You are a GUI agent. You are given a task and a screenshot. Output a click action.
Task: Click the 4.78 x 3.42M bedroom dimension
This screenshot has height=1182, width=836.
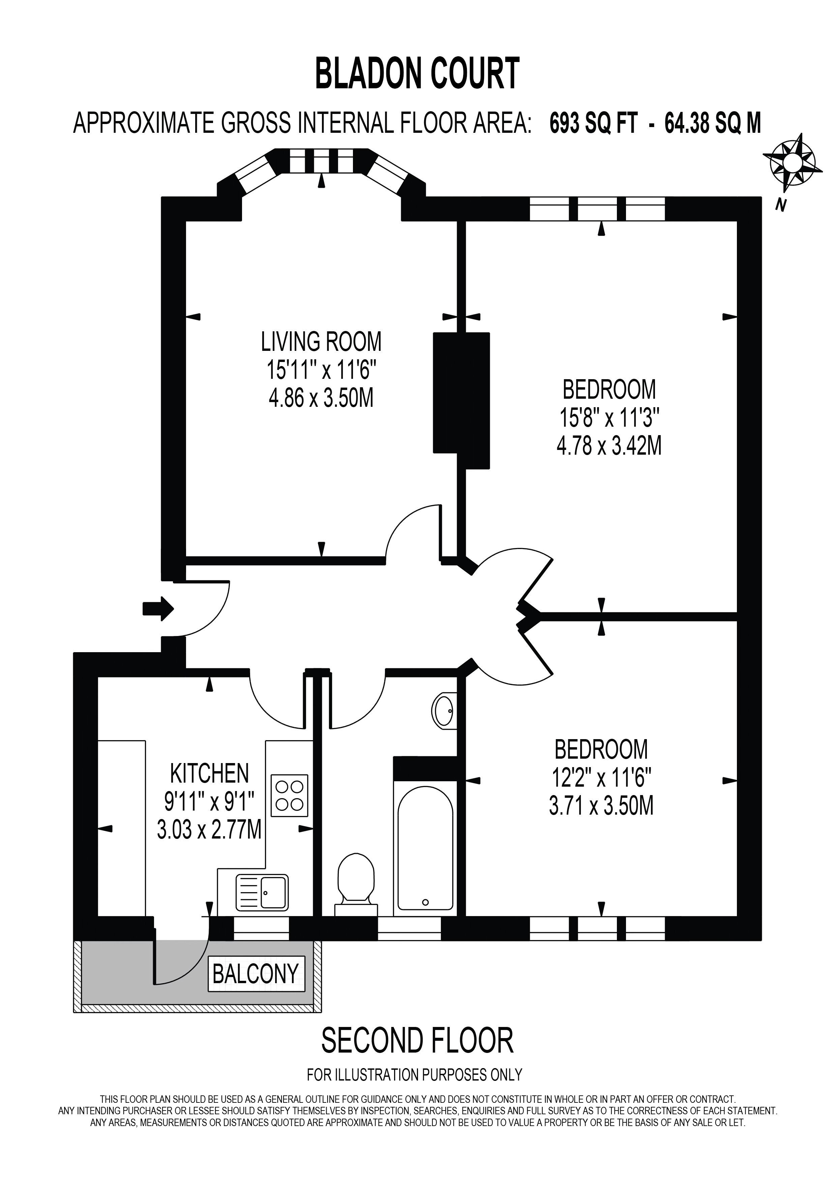pyautogui.click(x=609, y=446)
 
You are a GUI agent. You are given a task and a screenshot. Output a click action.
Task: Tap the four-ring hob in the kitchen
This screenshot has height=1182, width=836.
pyautogui.click(x=289, y=795)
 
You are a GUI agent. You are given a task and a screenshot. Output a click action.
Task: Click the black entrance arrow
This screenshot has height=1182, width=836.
pyautogui.click(x=158, y=609)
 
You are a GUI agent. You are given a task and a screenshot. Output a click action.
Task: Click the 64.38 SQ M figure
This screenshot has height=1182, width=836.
pyautogui.click(x=712, y=124)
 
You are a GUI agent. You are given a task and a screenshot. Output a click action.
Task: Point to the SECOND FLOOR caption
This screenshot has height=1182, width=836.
pyautogui.click(x=417, y=1040)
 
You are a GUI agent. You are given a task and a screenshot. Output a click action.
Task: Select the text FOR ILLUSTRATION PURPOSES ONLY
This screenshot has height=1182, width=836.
pyautogui.click(x=414, y=1074)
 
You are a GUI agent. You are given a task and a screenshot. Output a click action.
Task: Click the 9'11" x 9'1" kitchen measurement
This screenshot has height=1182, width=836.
pyautogui.click(x=210, y=801)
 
